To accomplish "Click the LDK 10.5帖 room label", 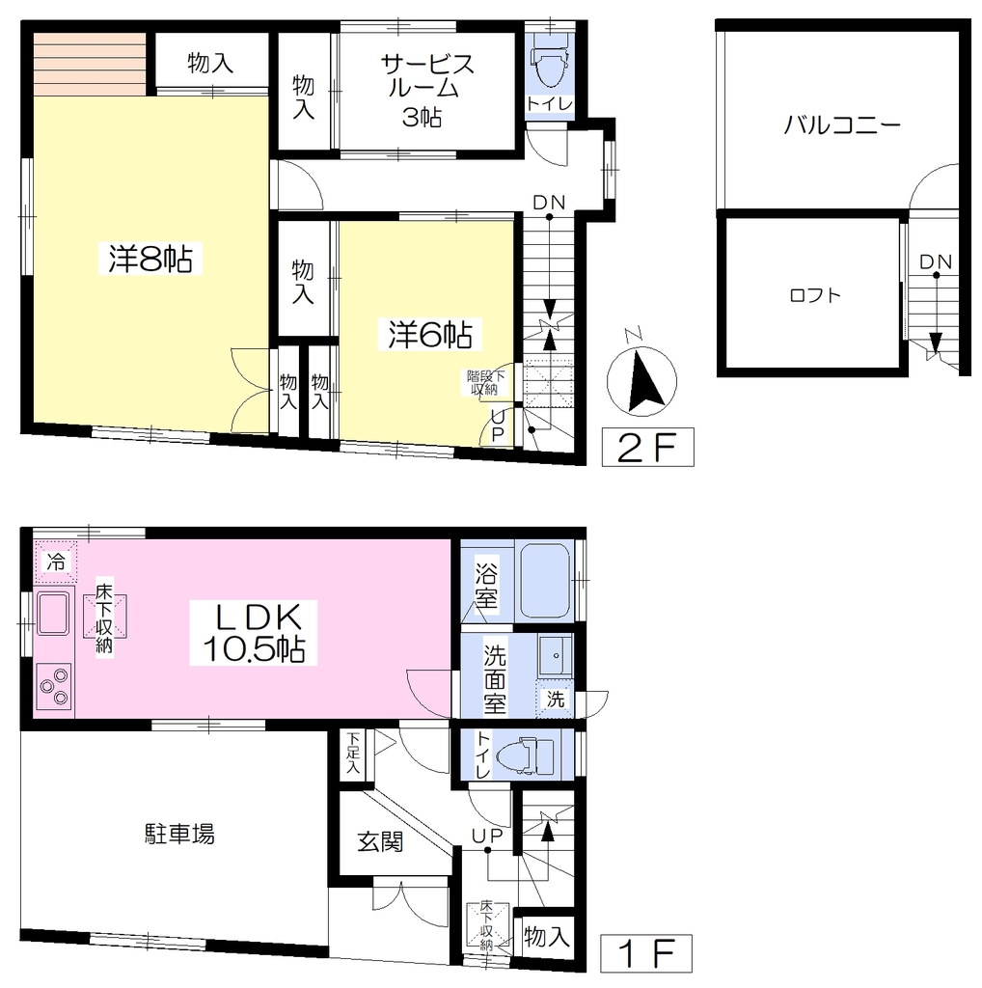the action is point(253,633).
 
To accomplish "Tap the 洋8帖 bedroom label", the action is point(150,259).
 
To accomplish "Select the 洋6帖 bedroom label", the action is point(430,334).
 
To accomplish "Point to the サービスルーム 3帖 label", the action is point(426,90).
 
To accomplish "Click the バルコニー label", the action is point(842,125).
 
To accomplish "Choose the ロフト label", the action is point(815,295).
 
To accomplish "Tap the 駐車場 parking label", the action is point(179,834).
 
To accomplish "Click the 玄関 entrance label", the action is point(380,841).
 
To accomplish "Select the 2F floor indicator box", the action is point(647,447).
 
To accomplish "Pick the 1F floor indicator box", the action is point(645,953).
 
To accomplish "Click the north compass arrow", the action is point(643,379).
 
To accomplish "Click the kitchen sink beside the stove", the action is point(54,613).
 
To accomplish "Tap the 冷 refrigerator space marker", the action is point(56,562).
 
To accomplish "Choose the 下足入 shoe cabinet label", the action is point(353,753).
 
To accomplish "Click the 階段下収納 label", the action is point(484,382).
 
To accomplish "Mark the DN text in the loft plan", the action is point(936,261).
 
